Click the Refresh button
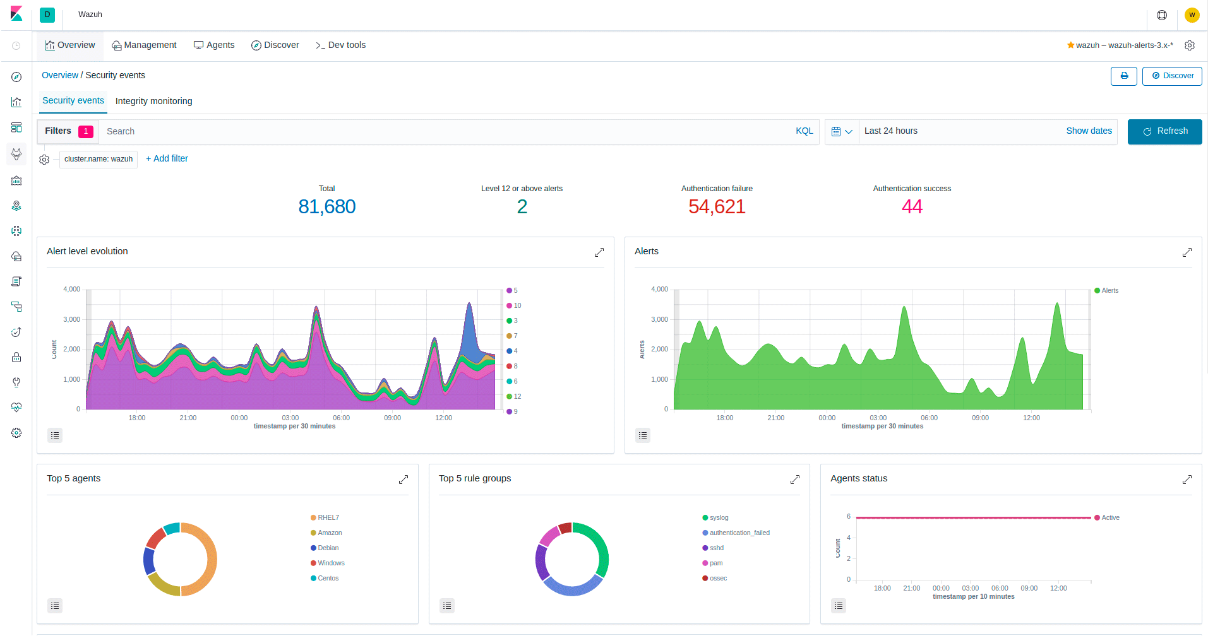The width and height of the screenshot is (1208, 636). [x=1164, y=131]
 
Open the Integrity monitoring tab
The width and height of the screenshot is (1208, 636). [x=153, y=101]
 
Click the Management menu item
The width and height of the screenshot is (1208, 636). [x=144, y=45]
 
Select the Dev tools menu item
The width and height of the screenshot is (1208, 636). [x=340, y=45]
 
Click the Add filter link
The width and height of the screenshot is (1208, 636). [x=167, y=158]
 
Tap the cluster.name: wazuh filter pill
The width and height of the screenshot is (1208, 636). [x=99, y=159]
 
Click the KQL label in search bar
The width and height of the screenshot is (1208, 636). [x=804, y=131]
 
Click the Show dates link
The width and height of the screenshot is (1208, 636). [x=1089, y=131]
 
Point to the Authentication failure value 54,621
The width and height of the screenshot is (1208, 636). [x=717, y=206]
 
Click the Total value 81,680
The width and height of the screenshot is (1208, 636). [x=326, y=206]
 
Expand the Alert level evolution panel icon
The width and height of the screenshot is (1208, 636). [x=599, y=252]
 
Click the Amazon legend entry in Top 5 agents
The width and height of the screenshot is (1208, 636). [x=329, y=533]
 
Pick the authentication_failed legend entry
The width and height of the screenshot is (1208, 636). [x=739, y=533]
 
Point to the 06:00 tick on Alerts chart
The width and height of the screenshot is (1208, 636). [x=929, y=418]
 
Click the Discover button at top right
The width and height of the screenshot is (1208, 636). [x=1172, y=76]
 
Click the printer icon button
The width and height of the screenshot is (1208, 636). [x=1124, y=76]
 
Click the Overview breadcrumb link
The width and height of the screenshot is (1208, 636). [x=60, y=75]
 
